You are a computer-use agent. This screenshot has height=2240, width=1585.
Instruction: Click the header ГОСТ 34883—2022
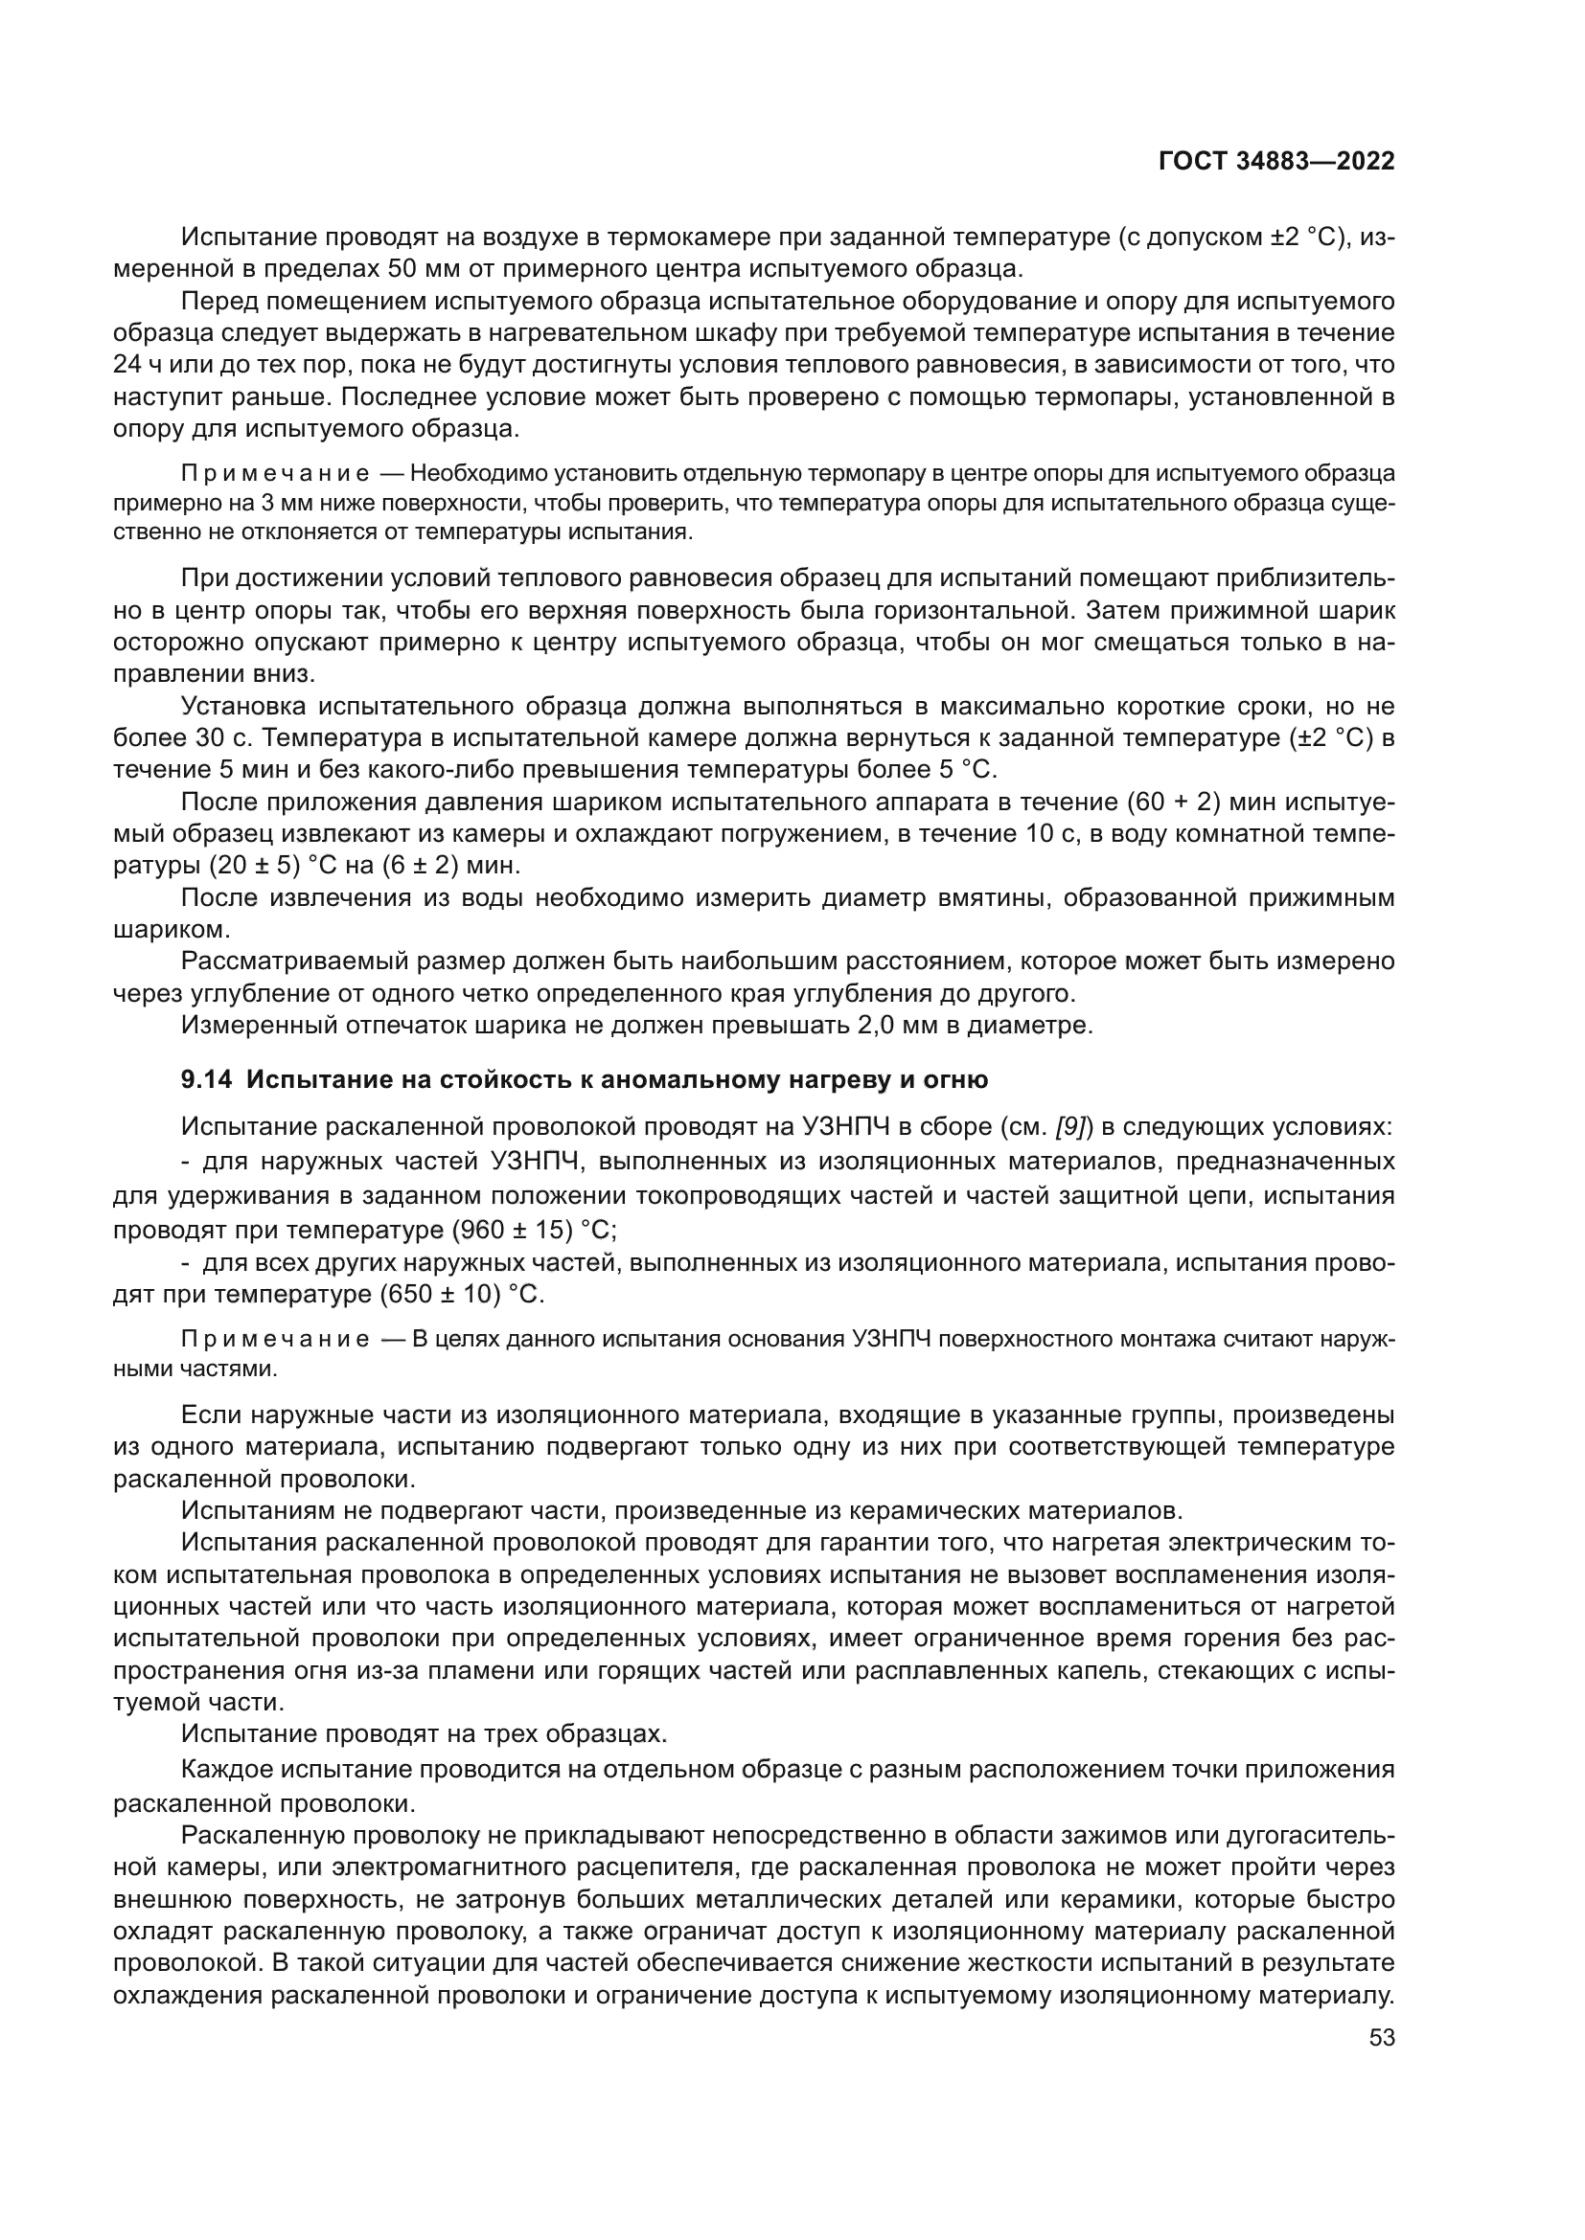(1275, 161)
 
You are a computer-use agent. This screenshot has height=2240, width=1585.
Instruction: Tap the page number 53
(1382, 2037)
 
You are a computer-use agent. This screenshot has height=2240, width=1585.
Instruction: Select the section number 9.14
(207, 1080)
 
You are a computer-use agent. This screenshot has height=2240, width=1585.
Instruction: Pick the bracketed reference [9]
(1069, 1128)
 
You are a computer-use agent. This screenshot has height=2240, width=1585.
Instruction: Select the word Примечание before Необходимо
(275, 474)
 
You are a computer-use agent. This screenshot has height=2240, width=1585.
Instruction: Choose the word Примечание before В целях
(275, 1339)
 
